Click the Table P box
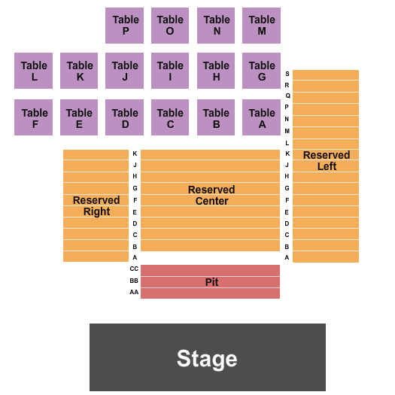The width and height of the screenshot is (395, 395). coord(124,26)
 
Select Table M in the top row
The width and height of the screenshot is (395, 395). coord(261,26)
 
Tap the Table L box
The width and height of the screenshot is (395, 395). coord(33,71)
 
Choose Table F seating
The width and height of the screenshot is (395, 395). coord(33,117)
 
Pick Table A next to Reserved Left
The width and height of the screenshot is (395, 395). coord(261,117)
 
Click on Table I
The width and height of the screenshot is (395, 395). coord(170,71)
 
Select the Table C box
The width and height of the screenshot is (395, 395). coord(170,117)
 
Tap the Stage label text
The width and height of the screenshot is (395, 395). coord(207,358)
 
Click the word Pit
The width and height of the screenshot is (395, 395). coord(212,282)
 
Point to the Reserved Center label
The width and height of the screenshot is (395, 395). coord(211,196)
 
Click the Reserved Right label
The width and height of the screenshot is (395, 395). coord(96,206)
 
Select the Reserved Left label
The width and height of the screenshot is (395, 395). coord(327,160)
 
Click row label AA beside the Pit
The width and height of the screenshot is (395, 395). coord(134,293)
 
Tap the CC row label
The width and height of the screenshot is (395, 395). coord(134,269)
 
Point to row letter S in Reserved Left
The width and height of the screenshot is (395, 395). coord(287,74)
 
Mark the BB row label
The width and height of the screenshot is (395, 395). coord(134,281)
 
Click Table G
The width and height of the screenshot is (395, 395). coord(261,71)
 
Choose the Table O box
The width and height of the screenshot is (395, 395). coord(170,26)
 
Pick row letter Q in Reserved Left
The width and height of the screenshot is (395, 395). coord(287,96)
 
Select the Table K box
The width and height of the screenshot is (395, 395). coord(79,71)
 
